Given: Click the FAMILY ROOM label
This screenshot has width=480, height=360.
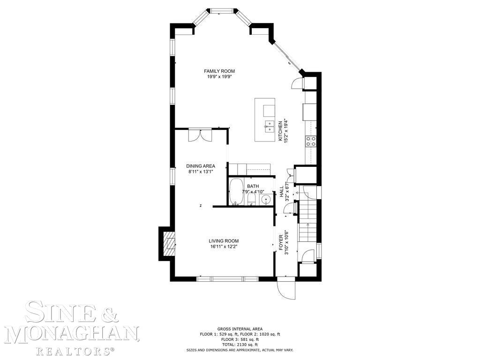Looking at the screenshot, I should point(219,71).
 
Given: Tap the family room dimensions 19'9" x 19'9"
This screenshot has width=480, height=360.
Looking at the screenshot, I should point(219,76).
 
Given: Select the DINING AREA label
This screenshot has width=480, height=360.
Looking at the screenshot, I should point(200,166).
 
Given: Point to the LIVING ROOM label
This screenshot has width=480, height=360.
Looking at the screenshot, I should point(224,241).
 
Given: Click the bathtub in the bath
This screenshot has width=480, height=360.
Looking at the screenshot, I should point(236,192).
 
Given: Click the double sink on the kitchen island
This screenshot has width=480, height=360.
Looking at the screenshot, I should point(269,125).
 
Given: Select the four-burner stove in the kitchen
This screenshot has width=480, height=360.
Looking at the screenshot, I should point(311,141).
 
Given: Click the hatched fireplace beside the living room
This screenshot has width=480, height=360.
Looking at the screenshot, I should point(167,242).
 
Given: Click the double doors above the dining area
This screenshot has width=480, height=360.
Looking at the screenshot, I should point(200,135).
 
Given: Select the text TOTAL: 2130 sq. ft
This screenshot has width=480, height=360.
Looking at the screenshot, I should point(240,345).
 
